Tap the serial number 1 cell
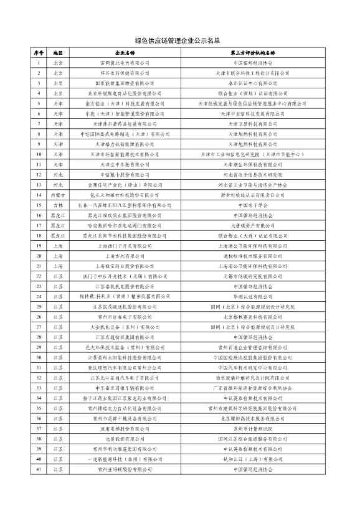(x=39, y=63)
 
